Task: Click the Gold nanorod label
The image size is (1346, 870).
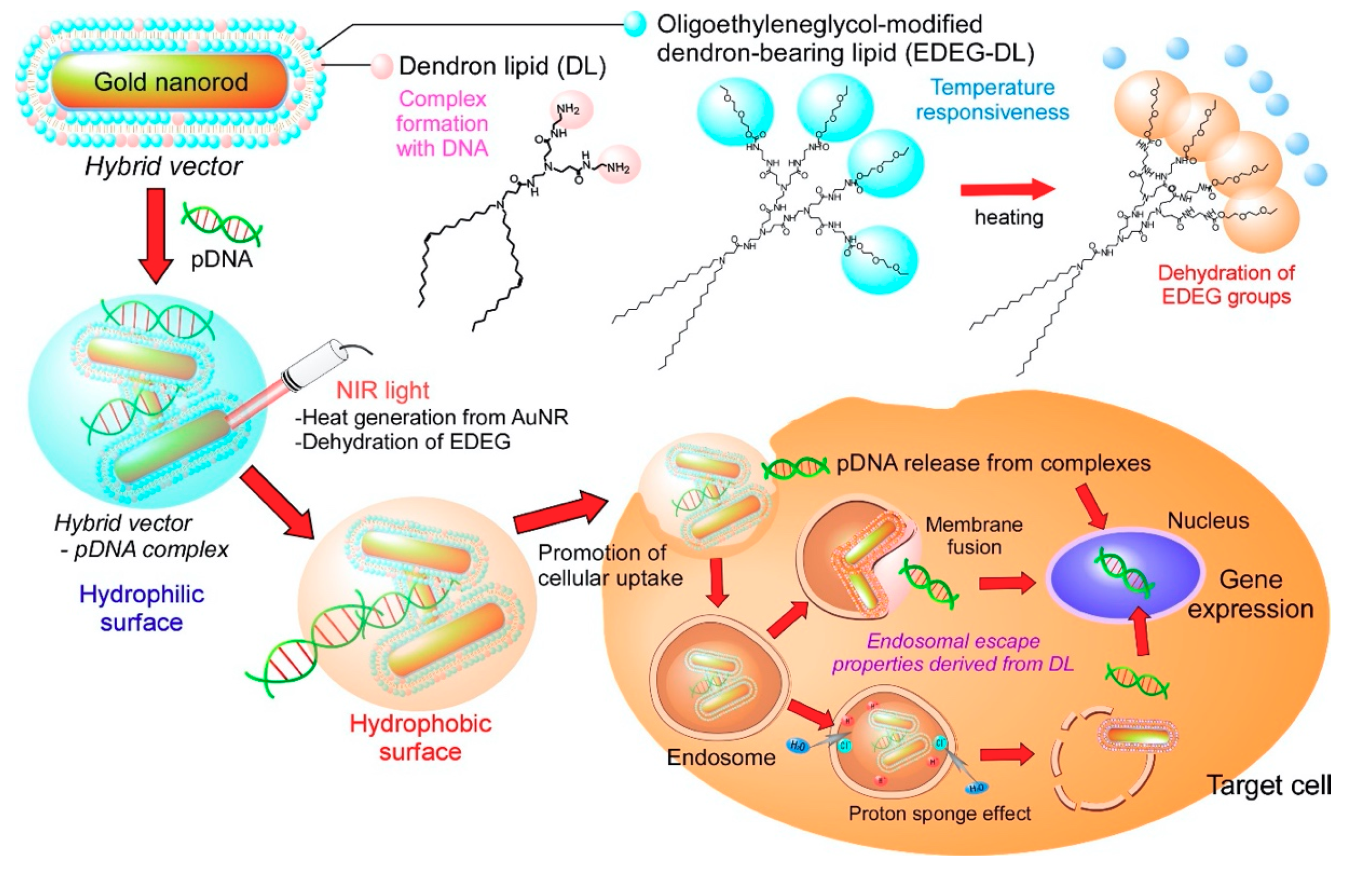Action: tap(171, 82)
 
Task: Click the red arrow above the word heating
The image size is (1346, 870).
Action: tap(1007, 189)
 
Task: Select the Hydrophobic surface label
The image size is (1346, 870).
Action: tap(420, 738)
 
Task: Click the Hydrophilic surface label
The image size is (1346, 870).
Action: tap(142, 609)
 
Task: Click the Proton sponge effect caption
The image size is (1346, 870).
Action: tap(939, 814)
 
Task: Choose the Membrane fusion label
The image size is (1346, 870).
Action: tap(974, 536)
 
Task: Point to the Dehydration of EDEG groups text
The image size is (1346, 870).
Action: tap(1226, 285)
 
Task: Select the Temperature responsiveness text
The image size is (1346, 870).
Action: tap(992, 100)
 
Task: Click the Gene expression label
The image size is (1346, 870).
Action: tap(1250, 594)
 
